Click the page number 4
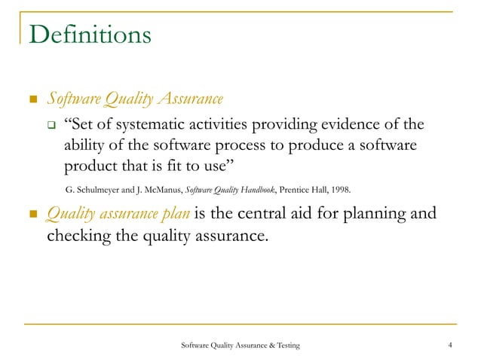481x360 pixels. click(x=449, y=345)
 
